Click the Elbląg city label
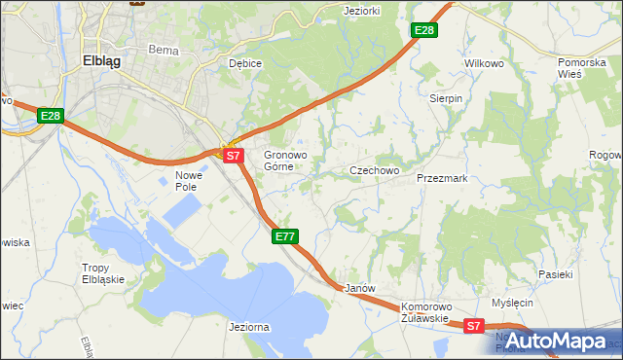pyautogui.click(x=101, y=59)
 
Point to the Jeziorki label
pyautogui.click(x=361, y=11)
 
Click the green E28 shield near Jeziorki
pyautogui.click(x=423, y=31)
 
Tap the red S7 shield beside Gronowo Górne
pyautogui.click(x=232, y=155)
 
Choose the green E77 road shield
pyautogui.click(x=284, y=236)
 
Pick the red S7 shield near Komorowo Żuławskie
pyautogui.click(x=473, y=327)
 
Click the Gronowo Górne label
pyautogui.click(x=285, y=161)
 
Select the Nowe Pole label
pyautogui.click(x=187, y=181)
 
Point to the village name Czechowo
pyautogui.click(x=375, y=170)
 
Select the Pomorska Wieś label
pyautogui.click(x=582, y=68)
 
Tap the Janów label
pyautogui.click(x=360, y=289)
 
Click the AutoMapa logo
pyautogui.click(x=567, y=341)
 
